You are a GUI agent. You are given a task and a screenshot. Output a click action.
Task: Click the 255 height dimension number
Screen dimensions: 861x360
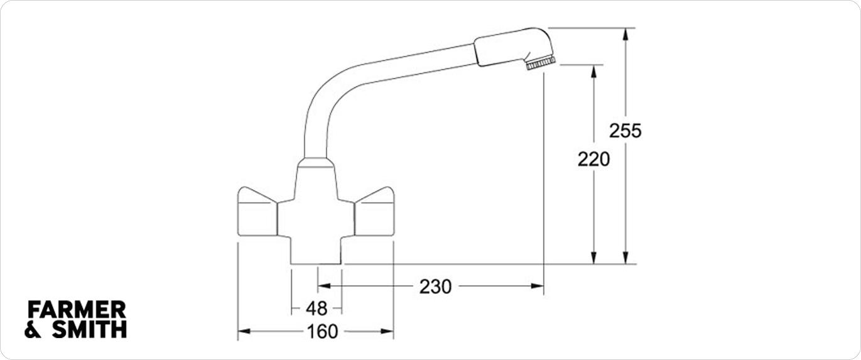tap(625, 131)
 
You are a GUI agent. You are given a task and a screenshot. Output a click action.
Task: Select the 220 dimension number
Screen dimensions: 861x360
tap(594, 159)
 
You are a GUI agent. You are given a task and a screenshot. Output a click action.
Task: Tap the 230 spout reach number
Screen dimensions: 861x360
tap(435, 286)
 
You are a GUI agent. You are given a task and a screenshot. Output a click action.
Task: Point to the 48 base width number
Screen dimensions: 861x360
tap(317, 308)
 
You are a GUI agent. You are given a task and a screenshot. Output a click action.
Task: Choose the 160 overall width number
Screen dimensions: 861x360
tap(323, 332)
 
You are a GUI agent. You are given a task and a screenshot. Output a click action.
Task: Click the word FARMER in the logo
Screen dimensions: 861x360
tap(77, 310)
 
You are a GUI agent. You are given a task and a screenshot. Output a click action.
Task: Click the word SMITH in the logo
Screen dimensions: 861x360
tap(90, 329)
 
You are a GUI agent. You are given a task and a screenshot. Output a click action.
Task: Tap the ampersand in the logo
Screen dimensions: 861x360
tap(33, 330)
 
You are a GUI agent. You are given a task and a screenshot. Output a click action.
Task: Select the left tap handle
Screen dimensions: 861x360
tap(257, 212)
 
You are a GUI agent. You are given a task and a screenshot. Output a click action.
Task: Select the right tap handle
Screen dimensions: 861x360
tap(374, 212)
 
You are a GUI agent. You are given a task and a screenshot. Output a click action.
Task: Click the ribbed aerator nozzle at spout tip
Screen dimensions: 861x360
tap(541, 63)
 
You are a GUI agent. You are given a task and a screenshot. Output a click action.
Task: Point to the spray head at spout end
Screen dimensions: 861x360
tap(514, 47)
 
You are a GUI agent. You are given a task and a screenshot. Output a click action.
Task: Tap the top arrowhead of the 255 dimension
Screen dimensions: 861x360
tap(625, 34)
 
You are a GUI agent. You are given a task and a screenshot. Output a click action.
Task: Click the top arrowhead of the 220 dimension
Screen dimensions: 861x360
tap(594, 71)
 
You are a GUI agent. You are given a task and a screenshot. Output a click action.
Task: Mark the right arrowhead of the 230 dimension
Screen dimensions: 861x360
tap(538, 286)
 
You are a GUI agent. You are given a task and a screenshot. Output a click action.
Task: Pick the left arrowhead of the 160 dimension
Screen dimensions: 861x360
tap(244, 331)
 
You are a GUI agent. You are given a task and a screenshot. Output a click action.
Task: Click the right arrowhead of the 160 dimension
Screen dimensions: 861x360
tap(387, 331)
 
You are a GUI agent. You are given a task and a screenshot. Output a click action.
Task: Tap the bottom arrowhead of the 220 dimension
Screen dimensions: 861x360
tap(594, 258)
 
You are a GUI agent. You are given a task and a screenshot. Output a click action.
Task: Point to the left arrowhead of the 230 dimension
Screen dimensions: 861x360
tap(325, 286)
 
